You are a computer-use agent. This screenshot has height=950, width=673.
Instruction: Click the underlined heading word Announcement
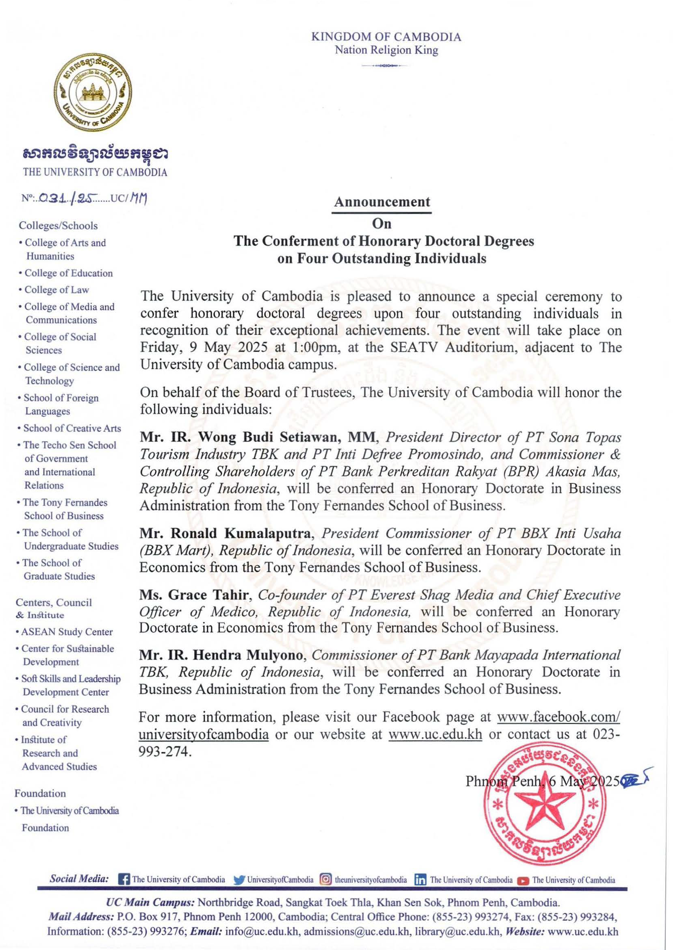click(x=382, y=202)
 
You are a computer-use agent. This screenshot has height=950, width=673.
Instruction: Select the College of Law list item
click(x=56, y=290)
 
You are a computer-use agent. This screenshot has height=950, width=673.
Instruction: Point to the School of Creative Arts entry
click(x=72, y=428)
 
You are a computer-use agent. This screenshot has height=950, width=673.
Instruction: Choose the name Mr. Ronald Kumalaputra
click(x=225, y=533)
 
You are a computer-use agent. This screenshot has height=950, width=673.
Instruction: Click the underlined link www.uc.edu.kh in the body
click(x=435, y=734)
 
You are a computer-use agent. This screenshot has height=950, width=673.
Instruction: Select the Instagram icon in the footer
click(x=326, y=879)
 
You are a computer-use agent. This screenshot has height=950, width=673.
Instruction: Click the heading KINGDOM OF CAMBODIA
click(x=386, y=37)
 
